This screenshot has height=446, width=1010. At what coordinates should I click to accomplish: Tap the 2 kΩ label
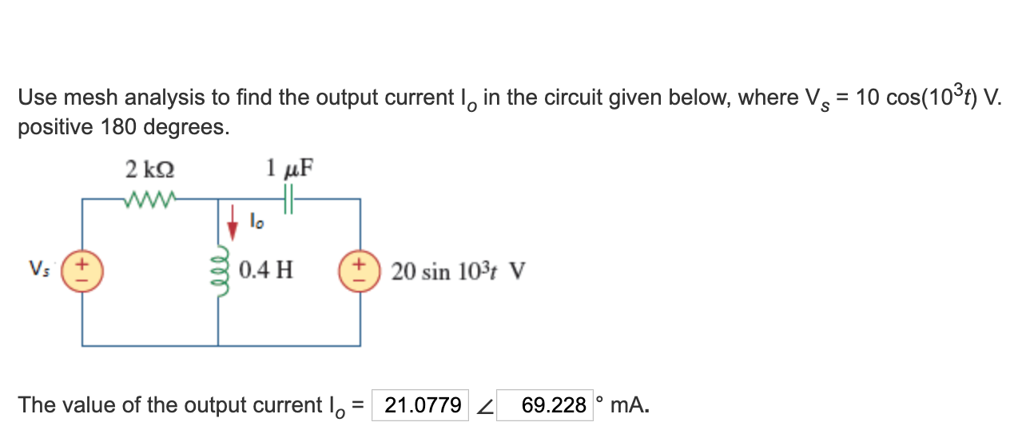pyautogui.click(x=150, y=170)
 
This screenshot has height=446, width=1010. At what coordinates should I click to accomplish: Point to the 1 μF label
pyautogui.click(x=289, y=169)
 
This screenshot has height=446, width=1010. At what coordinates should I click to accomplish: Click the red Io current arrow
pyautogui.click(x=233, y=223)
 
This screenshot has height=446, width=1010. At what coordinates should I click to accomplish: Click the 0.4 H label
pyautogui.click(x=266, y=270)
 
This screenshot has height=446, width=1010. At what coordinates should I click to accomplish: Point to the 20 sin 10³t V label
pyautogui.click(x=459, y=272)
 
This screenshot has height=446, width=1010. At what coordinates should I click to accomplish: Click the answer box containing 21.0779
pyautogui.click(x=422, y=405)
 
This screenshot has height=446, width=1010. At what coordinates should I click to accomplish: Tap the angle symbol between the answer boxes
pyautogui.click(x=483, y=407)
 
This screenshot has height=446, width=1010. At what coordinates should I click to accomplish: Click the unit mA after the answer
pyautogui.click(x=629, y=405)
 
